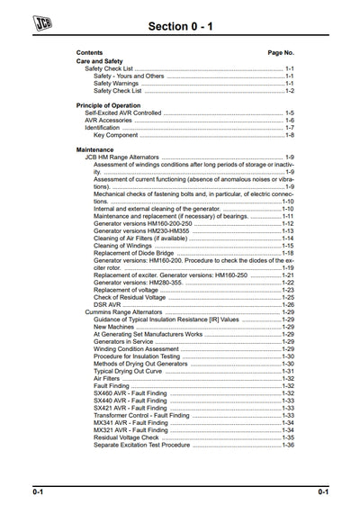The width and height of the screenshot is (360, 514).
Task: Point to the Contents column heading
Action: (x=89, y=53)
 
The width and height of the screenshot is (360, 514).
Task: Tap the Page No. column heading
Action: (x=281, y=53)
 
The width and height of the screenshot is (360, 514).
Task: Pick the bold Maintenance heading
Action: (x=95, y=149)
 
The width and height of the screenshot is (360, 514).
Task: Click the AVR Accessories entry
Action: (x=109, y=120)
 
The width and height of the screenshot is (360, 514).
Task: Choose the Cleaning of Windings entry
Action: (x=127, y=246)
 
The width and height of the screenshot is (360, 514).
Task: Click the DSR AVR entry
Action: (x=108, y=305)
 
